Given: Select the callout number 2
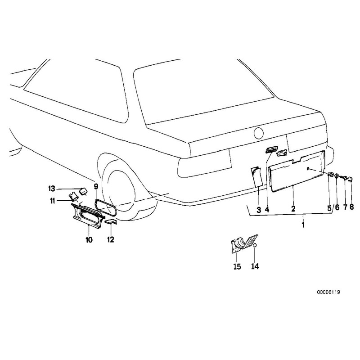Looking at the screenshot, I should tap(293, 209).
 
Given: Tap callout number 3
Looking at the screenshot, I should tap(259, 209).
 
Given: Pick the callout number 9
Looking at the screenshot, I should tap(95, 186).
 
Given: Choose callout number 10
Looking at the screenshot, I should tap(89, 240).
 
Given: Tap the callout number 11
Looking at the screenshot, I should tap(53, 201).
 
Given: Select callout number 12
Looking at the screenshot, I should tap(111, 240).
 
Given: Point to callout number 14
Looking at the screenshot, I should tap(255, 266).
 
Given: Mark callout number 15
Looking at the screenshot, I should tap(237, 266).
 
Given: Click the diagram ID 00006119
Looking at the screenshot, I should tap(328, 292).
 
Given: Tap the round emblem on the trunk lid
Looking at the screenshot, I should tap(259, 133).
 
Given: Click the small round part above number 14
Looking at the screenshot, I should tap(254, 247).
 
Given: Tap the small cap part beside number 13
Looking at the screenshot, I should tap(83, 191).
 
